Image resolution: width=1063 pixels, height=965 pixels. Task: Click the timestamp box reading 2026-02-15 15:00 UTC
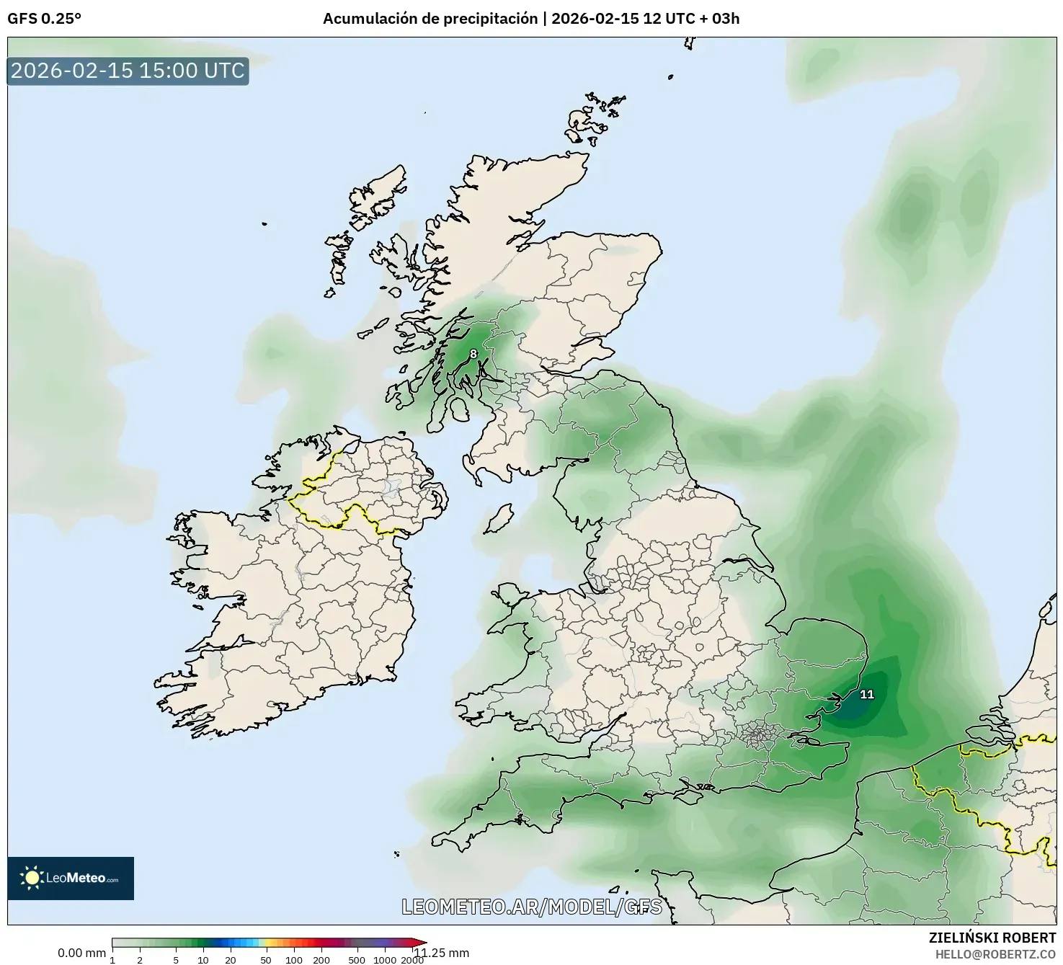[x=128, y=71]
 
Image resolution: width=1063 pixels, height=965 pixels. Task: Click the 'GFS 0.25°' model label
[x=44, y=19]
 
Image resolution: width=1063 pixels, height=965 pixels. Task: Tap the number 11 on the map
[x=867, y=694]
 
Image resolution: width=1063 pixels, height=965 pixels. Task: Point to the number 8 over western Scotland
[x=473, y=354]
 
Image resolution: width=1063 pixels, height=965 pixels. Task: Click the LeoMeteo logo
[x=71, y=878]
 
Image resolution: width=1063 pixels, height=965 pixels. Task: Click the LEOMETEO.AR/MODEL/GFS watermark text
[x=531, y=907]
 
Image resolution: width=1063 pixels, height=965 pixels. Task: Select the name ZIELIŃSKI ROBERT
[x=992, y=938]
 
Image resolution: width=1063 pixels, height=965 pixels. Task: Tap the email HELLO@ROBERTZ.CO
[x=995, y=953]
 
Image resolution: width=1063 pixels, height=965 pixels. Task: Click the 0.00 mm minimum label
[x=81, y=953]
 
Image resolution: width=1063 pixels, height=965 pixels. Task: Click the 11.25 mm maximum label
[x=441, y=953]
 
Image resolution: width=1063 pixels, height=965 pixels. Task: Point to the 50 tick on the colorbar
[x=266, y=960]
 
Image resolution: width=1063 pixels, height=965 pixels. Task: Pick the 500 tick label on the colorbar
[x=356, y=960]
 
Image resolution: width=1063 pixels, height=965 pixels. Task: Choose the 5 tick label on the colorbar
[x=176, y=960]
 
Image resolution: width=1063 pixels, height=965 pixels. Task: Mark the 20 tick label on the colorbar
[x=231, y=960]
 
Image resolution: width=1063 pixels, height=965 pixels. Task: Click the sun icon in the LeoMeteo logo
[x=32, y=877]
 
